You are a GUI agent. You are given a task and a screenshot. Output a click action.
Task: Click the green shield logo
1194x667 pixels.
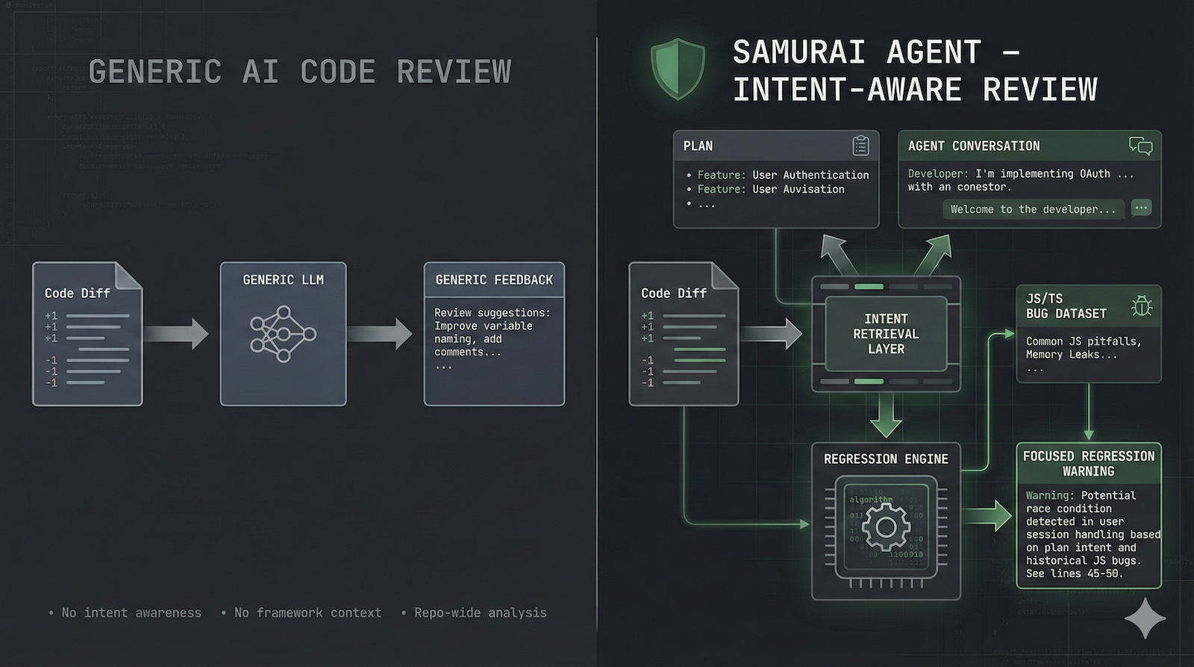(678, 69)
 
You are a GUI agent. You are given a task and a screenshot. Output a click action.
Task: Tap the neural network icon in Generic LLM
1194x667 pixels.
(283, 333)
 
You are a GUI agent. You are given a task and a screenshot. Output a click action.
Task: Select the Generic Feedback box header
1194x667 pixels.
(494, 280)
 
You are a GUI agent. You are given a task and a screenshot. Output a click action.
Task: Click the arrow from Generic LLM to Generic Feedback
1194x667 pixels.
(379, 333)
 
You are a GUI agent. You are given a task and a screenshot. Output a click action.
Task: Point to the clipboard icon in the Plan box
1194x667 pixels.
(860, 146)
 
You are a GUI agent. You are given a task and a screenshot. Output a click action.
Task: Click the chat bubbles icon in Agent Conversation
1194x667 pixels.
(1140, 146)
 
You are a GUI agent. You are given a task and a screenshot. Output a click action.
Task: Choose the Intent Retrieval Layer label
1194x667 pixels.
(886, 334)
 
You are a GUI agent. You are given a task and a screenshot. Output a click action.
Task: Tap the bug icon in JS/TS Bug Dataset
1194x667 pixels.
(1141, 305)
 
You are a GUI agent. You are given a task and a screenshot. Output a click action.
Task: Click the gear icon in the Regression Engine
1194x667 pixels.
(886, 527)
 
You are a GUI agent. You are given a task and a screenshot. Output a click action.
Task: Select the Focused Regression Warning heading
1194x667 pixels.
(1088, 464)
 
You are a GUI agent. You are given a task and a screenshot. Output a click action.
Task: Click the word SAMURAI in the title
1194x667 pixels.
(798, 53)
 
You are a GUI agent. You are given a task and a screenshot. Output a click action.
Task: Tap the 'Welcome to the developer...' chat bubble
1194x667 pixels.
(1033, 210)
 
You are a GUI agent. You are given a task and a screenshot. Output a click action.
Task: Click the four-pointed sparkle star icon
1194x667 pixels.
(1145, 618)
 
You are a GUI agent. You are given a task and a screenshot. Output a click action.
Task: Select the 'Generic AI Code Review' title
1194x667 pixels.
(300, 72)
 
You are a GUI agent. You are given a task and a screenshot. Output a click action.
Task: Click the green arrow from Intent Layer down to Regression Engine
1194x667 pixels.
(886, 415)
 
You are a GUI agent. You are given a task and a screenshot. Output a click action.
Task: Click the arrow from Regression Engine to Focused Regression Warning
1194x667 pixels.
(987, 516)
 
